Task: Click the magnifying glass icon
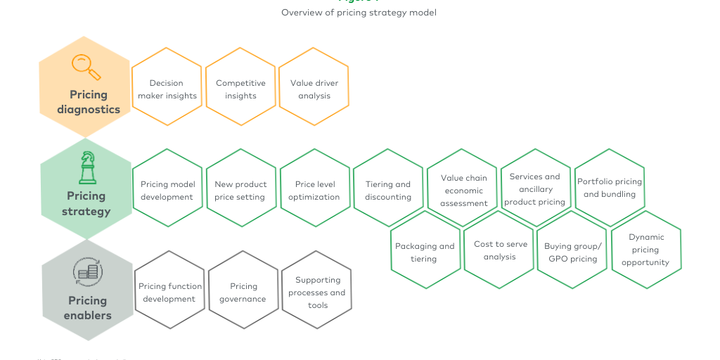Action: (x=86, y=67)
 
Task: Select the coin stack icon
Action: (x=87, y=271)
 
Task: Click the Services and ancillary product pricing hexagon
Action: (x=535, y=188)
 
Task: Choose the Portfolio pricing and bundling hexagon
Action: (x=610, y=187)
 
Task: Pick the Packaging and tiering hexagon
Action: (x=425, y=251)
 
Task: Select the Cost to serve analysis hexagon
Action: (x=499, y=250)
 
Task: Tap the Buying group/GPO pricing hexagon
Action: (x=572, y=251)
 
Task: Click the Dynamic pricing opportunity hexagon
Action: (x=645, y=249)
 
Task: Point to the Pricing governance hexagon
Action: (x=243, y=291)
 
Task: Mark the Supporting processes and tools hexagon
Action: (x=317, y=291)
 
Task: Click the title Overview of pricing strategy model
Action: (x=359, y=13)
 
